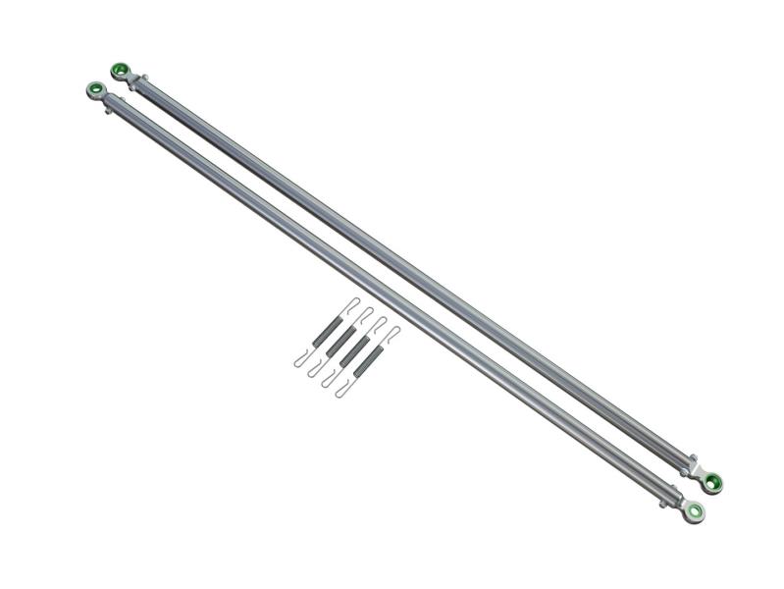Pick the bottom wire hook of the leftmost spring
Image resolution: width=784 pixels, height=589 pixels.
(x=300, y=362)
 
